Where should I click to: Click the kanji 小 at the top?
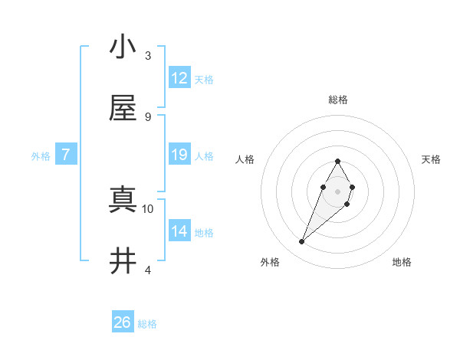[x=123, y=47]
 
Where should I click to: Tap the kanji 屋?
[x=123, y=108]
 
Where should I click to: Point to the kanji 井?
[x=123, y=261]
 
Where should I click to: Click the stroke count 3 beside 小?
[x=148, y=55]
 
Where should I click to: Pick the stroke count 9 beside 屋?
[x=148, y=116]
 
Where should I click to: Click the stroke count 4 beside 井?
[x=148, y=270]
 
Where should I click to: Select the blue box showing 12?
[x=179, y=78]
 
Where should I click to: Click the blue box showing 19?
[x=179, y=155]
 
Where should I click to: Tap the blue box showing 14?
[x=179, y=231]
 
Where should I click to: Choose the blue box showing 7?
[x=66, y=155]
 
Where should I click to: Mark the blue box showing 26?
[x=123, y=322]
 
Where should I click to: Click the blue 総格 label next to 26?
[x=147, y=324]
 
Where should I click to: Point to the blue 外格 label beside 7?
[x=41, y=156]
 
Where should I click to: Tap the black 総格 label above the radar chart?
[x=337, y=100]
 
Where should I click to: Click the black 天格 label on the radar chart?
[x=431, y=159]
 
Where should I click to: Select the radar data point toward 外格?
[x=301, y=242]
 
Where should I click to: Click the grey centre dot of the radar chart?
[x=337, y=190]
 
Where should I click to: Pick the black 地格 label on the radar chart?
[x=402, y=262]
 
